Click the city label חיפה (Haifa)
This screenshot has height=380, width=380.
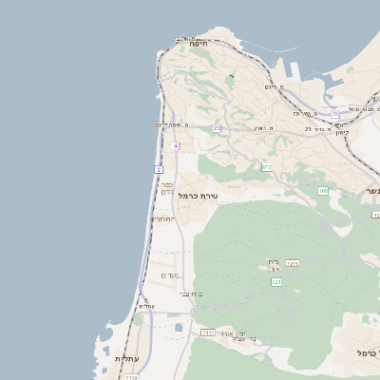point(198,44)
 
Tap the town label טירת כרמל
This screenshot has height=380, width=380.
point(199,196)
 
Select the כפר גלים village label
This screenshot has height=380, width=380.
point(166,188)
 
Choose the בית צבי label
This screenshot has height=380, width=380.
point(191,294)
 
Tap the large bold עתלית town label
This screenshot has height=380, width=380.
point(125,359)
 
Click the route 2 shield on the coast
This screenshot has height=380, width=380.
point(158,168)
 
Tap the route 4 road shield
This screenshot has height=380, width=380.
point(177,145)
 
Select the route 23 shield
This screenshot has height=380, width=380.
point(217,127)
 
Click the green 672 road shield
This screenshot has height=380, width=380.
point(267,167)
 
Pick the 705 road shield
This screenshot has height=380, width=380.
point(323,191)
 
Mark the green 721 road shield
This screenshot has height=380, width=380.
point(276,282)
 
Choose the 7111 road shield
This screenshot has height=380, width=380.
point(208,332)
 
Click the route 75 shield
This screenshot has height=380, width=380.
point(335,114)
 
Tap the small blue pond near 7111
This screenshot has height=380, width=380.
point(178,328)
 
